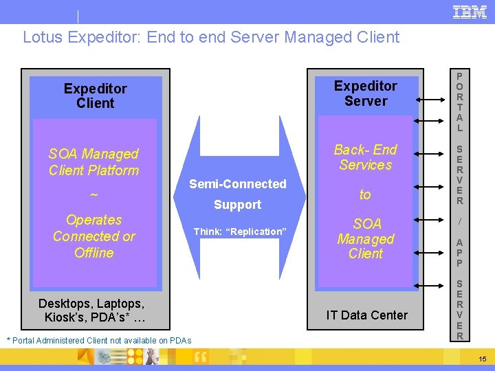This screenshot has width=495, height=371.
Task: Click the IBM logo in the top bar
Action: coord(470,12)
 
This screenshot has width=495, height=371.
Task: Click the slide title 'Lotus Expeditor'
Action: coord(210,37)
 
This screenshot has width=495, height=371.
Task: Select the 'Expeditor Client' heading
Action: coord(95,95)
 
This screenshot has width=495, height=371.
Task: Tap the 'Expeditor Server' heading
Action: coord(365,93)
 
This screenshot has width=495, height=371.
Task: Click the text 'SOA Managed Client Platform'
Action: coord(93,162)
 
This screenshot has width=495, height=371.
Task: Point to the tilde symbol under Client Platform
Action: coord(93,195)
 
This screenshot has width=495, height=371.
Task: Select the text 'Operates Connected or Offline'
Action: coord(93,236)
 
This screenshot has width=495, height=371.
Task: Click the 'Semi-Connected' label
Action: coord(237,184)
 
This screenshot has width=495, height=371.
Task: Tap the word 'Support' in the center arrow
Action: coord(237,205)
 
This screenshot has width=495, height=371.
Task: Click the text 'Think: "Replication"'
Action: coord(239,232)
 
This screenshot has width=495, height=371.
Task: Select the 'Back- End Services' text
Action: coord(365,157)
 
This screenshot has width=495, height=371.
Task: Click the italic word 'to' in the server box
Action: coord(365,195)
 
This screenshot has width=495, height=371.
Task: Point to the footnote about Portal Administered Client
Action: coord(98,341)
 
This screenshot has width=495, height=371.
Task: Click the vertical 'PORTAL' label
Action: coord(459,102)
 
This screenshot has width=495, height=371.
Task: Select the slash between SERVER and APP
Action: coord(459,221)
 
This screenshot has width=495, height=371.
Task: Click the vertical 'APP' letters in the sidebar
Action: coord(459,252)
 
